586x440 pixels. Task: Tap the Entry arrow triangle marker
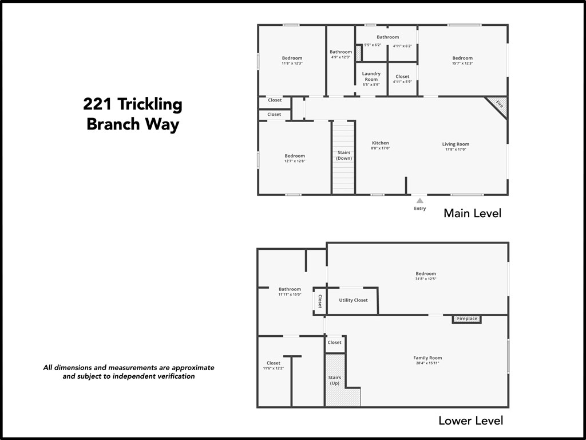[420, 201]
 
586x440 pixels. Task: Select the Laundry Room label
[371, 76]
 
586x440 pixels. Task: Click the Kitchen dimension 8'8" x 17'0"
[381, 148]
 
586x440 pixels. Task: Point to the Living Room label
[456, 144]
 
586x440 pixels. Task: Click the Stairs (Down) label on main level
[344, 155]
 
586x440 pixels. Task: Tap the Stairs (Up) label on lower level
[335, 380]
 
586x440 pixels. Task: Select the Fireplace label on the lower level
[467, 319]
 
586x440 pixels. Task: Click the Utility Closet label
[353, 300]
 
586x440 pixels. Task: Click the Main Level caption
[472, 214]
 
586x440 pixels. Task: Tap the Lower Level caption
[470, 421]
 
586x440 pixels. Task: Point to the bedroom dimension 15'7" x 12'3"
[462, 63]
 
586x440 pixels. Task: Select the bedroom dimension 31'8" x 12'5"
[426, 279]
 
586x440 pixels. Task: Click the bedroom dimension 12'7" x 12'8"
[295, 161]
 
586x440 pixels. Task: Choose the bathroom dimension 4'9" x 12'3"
[340, 57]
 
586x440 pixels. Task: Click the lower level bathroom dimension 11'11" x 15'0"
[290, 294]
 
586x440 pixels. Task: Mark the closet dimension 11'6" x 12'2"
[274, 368]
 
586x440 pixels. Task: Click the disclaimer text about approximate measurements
[129, 372]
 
